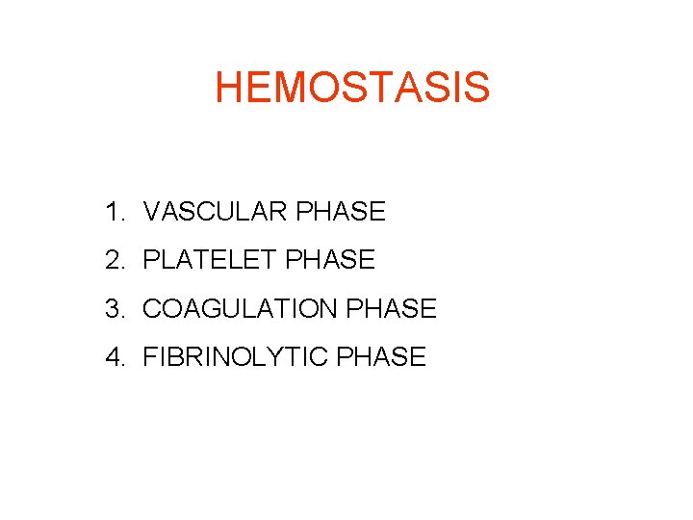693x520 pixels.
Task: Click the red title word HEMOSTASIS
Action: [352, 87]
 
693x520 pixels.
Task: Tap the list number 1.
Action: [114, 212]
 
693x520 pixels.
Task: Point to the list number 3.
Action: [115, 309]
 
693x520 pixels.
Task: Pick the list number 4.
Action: [115, 357]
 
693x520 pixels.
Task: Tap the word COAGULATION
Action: [241, 309]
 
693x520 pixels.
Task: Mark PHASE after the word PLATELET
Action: [331, 260]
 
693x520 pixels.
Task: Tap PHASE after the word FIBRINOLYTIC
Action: [381, 357]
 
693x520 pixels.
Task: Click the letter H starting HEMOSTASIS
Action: [229, 87]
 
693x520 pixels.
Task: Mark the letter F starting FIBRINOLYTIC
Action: [150, 357]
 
